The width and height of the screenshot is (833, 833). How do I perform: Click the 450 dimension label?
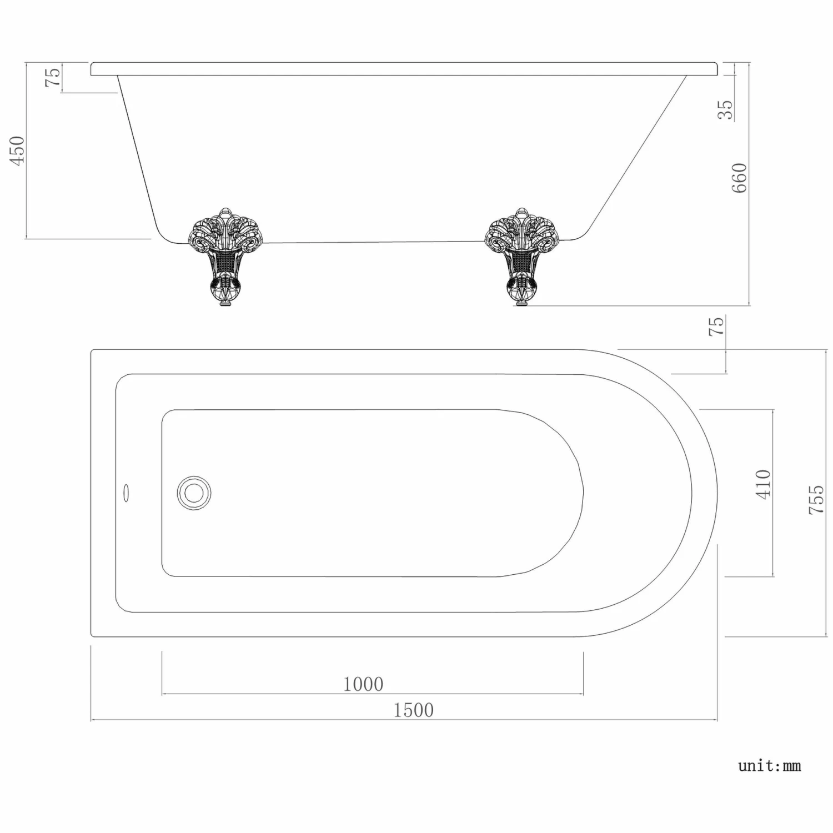point(18,150)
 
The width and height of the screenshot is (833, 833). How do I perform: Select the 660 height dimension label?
point(739,178)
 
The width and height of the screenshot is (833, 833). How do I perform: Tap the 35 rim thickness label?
point(725,109)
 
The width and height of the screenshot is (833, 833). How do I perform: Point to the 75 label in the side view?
point(53,77)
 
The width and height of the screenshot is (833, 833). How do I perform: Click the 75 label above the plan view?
point(716,326)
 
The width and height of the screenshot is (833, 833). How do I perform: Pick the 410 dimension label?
point(764,484)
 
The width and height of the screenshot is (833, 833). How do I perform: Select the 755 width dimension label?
point(816,499)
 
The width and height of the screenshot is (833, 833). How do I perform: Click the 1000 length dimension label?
point(363,684)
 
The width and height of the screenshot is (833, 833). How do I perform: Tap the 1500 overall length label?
point(413,710)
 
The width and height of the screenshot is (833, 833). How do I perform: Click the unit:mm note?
point(769,766)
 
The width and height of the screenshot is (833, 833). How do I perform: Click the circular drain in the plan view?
point(194,493)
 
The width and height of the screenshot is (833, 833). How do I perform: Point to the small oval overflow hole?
point(126,493)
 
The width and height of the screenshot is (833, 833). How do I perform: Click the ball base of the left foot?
point(225,291)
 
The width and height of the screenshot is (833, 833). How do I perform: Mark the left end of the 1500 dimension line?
point(91,720)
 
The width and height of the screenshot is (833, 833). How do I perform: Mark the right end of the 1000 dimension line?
point(583,694)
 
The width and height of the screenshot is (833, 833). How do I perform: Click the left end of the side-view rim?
point(92,69)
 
